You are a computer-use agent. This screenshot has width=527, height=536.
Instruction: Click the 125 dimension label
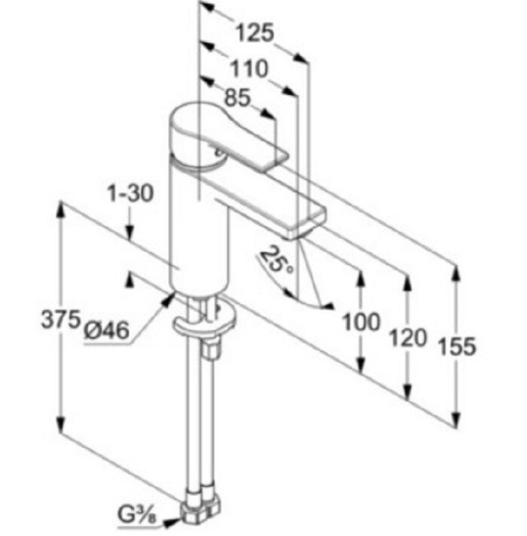[255, 33]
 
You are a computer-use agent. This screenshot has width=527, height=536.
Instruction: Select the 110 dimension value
[249, 68]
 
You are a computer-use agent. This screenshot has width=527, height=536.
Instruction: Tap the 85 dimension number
[237, 98]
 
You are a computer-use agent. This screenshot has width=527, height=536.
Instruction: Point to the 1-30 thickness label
[130, 193]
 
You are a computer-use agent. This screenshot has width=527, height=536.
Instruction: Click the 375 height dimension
[61, 320]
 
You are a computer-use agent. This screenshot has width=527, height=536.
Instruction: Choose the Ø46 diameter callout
[107, 331]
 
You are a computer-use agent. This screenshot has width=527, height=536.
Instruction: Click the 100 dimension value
[361, 322]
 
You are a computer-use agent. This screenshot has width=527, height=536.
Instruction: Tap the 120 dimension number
[408, 338]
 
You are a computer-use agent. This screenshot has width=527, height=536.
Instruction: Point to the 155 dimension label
[457, 346]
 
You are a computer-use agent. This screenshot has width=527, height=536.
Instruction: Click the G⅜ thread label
[137, 515]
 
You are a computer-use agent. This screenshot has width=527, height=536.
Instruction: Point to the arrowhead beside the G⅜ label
[172, 523]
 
